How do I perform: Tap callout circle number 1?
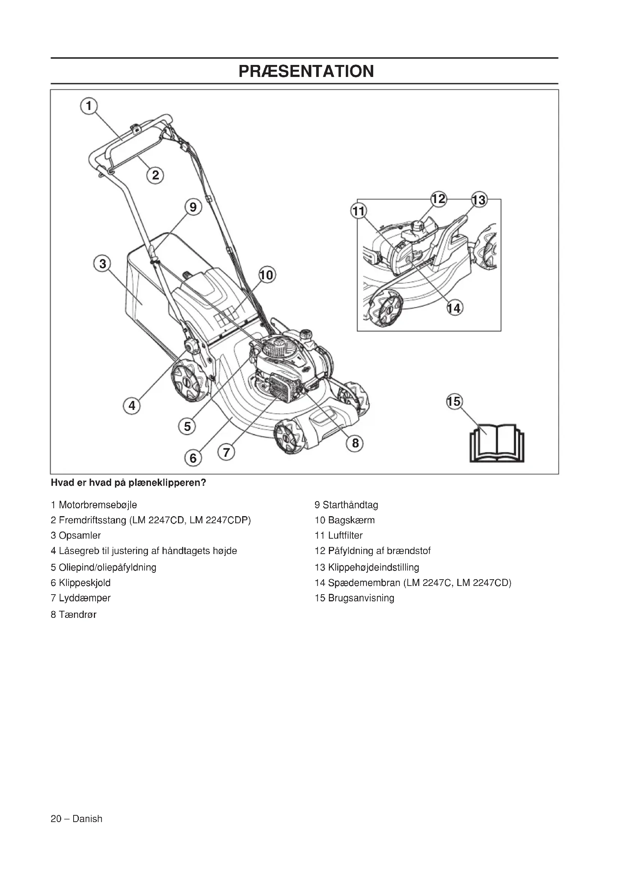click(x=89, y=105)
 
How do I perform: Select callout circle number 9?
click(x=193, y=207)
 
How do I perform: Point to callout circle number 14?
click(x=454, y=308)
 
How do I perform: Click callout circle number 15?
click(x=454, y=402)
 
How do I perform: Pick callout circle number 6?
click(x=193, y=458)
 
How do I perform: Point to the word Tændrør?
click(x=78, y=614)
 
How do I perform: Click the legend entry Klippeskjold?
click(x=84, y=583)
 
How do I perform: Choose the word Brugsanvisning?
click(x=361, y=598)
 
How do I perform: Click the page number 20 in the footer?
click(x=56, y=819)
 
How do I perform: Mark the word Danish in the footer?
click(x=87, y=819)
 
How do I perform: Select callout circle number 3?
click(x=102, y=264)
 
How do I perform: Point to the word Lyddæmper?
click(x=84, y=598)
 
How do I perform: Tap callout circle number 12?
click(x=439, y=199)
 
